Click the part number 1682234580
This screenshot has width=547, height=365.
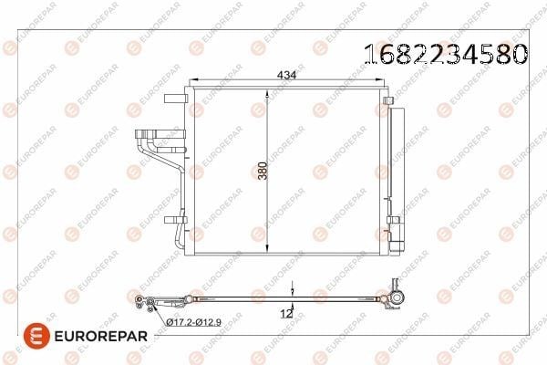coord(446,54)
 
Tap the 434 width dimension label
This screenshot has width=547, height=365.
coord(286,75)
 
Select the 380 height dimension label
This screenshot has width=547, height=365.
coord(263,171)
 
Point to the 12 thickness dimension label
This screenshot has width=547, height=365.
coord(286,314)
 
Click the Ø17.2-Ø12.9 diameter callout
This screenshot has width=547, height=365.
coord(193,322)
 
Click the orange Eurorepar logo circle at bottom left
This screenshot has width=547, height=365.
coord(36,336)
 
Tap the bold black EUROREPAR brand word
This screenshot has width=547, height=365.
coord(101,336)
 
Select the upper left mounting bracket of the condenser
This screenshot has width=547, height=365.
coord(175,99)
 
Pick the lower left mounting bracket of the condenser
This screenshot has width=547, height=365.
coord(175,220)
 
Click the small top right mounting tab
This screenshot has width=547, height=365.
coord(387,100)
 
